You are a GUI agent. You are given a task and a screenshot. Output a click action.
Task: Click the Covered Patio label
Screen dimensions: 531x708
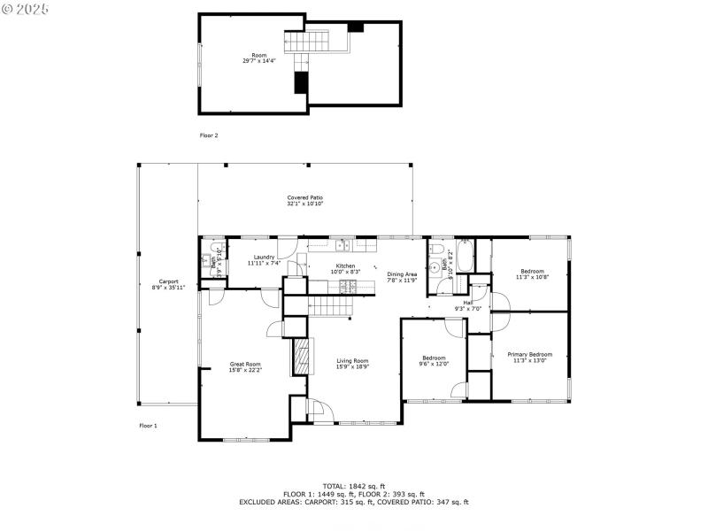[x=304, y=197]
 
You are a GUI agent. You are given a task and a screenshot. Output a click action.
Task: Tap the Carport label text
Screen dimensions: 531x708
[x=156, y=281]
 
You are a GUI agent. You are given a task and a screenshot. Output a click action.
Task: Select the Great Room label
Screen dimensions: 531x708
[x=245, y=364]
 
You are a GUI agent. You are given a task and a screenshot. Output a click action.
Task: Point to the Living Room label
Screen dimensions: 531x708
[x=352, y=360]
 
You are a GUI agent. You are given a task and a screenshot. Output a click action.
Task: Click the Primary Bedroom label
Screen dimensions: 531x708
[x=529, y=354]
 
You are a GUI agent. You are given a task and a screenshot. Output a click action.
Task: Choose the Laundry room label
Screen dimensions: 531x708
[x=264, y=257]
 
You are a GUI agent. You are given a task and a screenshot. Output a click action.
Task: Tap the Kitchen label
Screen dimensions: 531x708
[x=344, y=265]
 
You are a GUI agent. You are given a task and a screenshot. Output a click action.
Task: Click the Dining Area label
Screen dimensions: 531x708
[x=402, y=273]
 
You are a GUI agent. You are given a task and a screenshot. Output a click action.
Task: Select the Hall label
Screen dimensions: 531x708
[x=467, y=302]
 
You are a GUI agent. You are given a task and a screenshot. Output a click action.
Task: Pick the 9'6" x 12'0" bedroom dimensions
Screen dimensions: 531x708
[x=434, y=364]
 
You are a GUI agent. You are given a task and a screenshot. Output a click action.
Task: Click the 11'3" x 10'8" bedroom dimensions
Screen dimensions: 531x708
[x=532, y=277]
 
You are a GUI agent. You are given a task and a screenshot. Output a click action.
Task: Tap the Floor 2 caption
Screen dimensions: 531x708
[x=209, y=135]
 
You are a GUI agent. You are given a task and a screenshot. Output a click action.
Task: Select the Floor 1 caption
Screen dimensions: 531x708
[x=148, y=426]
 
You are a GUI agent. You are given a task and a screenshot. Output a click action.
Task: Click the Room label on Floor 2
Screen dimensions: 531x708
[x=258, y=55]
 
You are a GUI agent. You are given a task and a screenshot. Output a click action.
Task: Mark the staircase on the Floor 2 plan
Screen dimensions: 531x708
[x=305, y=42]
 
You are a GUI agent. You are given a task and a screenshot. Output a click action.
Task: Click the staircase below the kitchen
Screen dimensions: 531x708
[x=329, y=306]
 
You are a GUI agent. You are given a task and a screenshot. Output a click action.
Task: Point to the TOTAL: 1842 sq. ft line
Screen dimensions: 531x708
[x=354, y=486]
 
